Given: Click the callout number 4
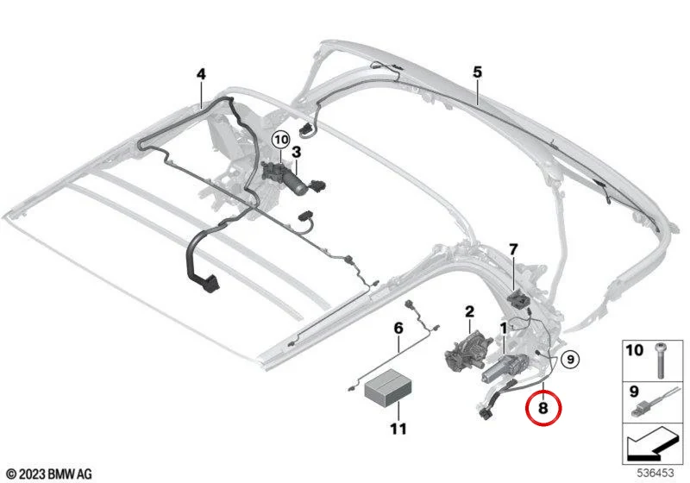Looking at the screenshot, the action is pyautogui.click(x=201, y=74).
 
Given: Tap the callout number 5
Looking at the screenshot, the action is pyautogui.click(x=478, y=72).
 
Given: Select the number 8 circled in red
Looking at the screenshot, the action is pyautogui.click(x=543, y=408).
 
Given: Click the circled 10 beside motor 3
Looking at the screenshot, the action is pyautogui.click(x=281, y=140).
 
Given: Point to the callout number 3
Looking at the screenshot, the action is pyautogui.click(x=297, y=153).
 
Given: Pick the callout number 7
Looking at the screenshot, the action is pyautogui.click(x=513, y=250).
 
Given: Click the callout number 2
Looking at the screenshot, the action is pyautogui.click(x=469, y=312).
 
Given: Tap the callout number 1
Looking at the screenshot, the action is pyautogui.click(x=503, y=328).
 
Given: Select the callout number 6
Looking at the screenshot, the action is pyautogui.click(x=398, y=328).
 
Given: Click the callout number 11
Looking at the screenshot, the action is pyautogui.click(x=398, y=429).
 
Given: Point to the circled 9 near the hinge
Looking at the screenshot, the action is pyautogui.click(x=570, y=360).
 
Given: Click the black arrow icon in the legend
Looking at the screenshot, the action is pyautogui.click(x=650, y=444).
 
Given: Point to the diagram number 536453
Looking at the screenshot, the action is pyautogui.click(x=655, y=473).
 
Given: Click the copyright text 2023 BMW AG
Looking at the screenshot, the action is pyautogui.click(x=50, y=474).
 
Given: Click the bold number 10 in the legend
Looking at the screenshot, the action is pyautogui.click(x=634, y=350).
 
